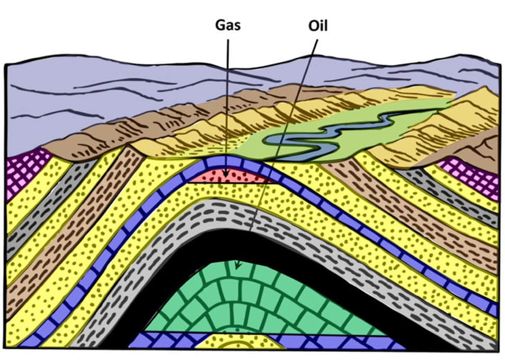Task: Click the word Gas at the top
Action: click(x=228, y=25)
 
